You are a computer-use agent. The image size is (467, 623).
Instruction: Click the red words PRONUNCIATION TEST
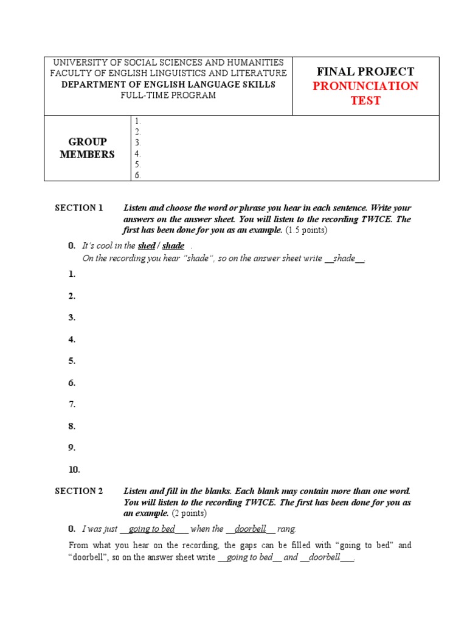tap(365, 93)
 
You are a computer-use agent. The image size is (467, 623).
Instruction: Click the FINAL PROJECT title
tap(365, 71)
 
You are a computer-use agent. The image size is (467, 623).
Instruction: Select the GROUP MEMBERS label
tap(87, 148)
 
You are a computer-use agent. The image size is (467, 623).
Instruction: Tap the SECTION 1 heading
tap(79, 208)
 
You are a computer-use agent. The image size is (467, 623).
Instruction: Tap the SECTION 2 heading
tap(79, 491)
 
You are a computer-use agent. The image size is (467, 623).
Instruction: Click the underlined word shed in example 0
tap(147, 246)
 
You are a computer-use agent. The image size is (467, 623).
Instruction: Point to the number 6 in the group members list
tap(138, 175)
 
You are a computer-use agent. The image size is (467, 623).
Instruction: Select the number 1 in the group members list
tap(138, 121)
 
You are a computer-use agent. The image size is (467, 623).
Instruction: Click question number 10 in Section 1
tap(74, 470)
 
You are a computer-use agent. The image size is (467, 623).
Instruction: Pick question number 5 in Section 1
tap(72, 361)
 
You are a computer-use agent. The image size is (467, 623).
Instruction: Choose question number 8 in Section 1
tap(72, 426)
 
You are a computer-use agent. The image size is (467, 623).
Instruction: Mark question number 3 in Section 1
tap(72, 317)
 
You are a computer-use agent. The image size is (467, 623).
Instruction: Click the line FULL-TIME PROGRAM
tap(168, 96)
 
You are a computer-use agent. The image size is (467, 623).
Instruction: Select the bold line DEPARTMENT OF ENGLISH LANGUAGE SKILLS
tap(168, 85)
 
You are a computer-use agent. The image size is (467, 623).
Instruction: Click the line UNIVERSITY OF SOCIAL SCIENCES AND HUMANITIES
tap(168, 63)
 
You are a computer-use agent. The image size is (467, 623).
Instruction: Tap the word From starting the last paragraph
tap(80, 545)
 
